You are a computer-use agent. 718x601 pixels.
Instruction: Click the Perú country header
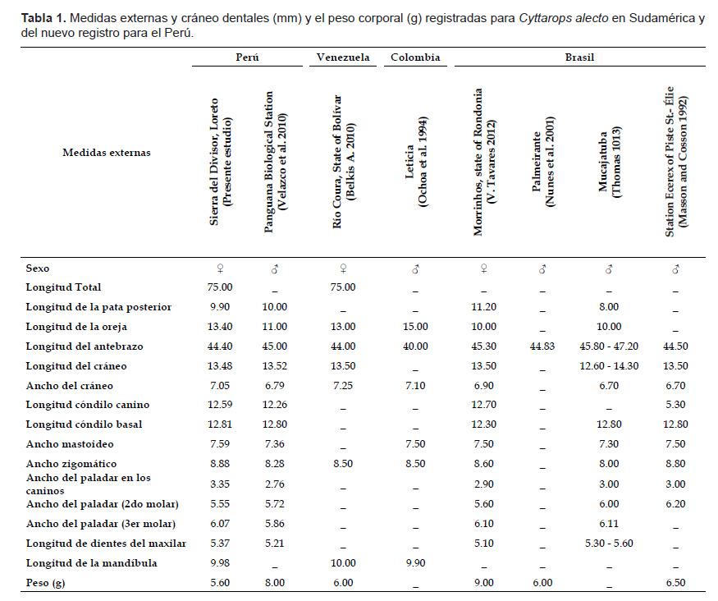pos(247,57)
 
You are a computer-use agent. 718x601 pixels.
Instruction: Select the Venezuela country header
pos(343,57)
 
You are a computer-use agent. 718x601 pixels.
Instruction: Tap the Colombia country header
pos(415,57)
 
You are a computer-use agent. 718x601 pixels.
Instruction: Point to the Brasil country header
pos(579,57)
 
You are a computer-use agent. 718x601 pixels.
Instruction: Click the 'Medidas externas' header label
pos(107,153)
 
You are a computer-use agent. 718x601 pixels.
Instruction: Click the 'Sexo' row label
pos(38,268)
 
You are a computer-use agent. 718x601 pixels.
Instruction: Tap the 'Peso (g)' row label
pos(45,583)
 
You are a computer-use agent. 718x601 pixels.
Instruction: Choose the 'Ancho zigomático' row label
pos(71,464)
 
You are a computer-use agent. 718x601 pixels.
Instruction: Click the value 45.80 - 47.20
pos(609,346)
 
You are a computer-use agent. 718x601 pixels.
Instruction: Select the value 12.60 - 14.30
pos(609,366)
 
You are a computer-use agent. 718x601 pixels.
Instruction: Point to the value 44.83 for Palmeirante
pos(542,346)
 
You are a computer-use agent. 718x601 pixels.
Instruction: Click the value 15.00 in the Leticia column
pos(415,327)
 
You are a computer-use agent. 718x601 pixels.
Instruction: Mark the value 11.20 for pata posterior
pos(483,307)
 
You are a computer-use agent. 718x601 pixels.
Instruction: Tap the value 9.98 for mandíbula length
pos(220,563)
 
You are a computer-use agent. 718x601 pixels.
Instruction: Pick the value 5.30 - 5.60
pos(609,544)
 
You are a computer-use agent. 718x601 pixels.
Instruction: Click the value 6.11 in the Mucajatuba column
pos(609,524)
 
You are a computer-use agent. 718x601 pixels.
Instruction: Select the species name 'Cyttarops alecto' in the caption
pos(563,18)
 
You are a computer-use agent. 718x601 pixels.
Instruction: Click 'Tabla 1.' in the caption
pos(43,18)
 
